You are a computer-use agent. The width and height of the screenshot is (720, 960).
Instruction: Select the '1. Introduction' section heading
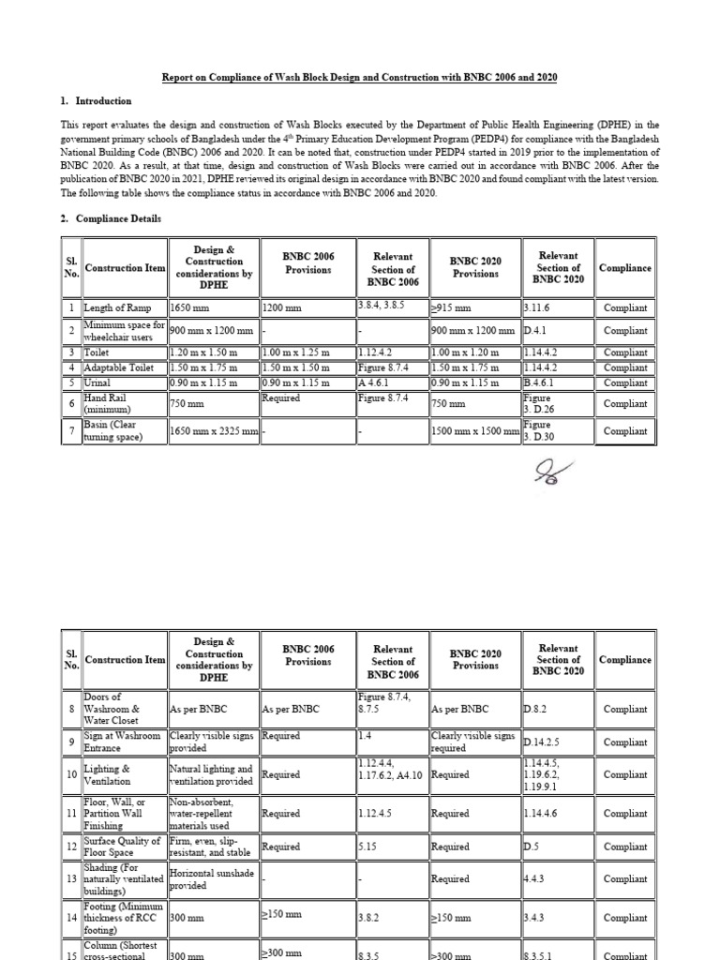coord(97,101)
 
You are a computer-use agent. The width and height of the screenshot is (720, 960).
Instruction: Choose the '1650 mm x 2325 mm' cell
coord(212,431)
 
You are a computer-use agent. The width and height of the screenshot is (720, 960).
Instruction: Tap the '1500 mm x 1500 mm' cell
coord(474,431)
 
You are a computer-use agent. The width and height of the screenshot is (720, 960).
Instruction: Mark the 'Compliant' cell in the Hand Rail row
coord(625,404)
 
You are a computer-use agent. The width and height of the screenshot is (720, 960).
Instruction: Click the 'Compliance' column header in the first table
coord(625,268)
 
